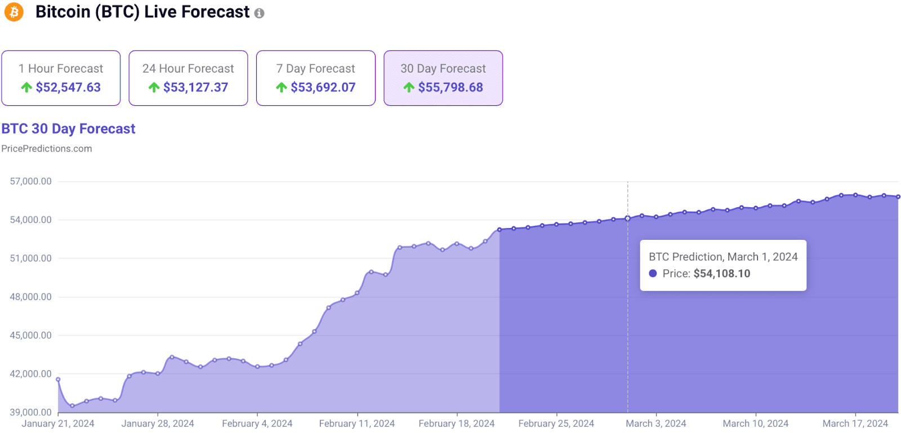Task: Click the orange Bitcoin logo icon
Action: coord(14,12)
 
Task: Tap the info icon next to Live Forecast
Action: coord(259,14)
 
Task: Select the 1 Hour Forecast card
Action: coord(61,78)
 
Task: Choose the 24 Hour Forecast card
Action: coord(188,78)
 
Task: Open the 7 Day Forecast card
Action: coord(315,78)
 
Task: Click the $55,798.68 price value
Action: coord(450,87)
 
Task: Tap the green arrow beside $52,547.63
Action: coord(26,87)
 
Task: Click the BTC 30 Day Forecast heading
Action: coord(68,129)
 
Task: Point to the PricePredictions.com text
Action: coord(47,149)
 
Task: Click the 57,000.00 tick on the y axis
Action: coord(31,181)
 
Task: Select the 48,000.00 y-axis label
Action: coord(31,297)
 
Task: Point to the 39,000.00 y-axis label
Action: coord(31,412)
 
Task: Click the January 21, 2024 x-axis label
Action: coord(58,423)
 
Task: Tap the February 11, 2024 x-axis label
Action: coord(357,423)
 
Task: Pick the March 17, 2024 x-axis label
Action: coord(855,423)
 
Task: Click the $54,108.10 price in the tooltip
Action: coord(721,274)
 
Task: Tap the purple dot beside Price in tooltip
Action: coord(653,273)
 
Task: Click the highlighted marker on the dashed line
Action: coord(628,218)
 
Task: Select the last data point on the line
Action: coord(898,197)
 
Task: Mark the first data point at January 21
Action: coord(58,380)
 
